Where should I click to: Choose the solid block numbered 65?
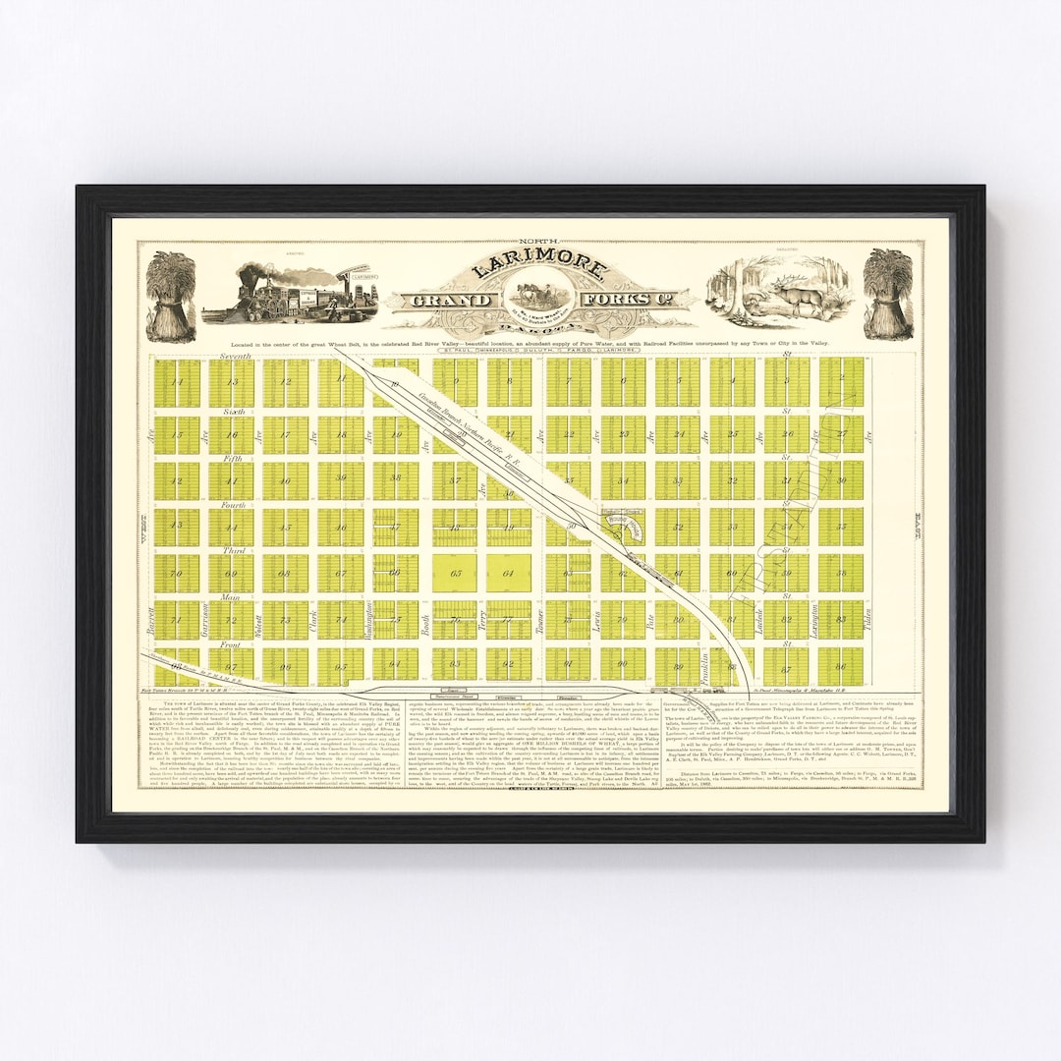point(455,573)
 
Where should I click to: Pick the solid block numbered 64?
point(509,573)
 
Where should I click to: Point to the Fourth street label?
point(234,506)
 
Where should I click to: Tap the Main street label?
point(232,597)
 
